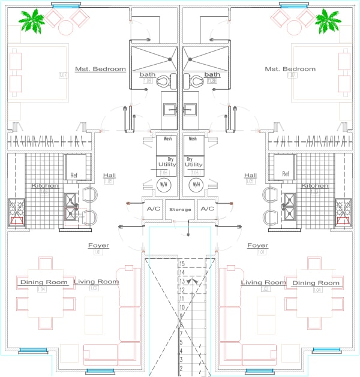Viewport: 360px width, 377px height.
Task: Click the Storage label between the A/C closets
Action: [180, 209]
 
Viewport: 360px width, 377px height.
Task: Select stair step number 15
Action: [181, 263]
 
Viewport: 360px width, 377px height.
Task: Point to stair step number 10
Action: [181, 307]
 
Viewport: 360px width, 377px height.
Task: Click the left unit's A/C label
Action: [153, 209]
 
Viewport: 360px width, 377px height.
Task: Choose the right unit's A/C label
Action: [207, 209]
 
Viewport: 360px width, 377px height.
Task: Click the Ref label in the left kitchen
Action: [74, 175]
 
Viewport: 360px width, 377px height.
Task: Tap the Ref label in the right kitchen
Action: [286, 175]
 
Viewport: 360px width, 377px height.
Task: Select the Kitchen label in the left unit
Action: [45, 186]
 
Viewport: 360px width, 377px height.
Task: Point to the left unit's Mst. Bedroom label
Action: [100, 69]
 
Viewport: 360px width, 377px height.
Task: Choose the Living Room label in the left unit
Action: [96, 281]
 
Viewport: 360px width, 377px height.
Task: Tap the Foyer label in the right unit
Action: [258, 245]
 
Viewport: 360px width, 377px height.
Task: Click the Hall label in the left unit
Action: [109, 175]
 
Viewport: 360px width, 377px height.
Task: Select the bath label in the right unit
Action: [212, 74]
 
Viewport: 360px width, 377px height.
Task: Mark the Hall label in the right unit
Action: [250, 175]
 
